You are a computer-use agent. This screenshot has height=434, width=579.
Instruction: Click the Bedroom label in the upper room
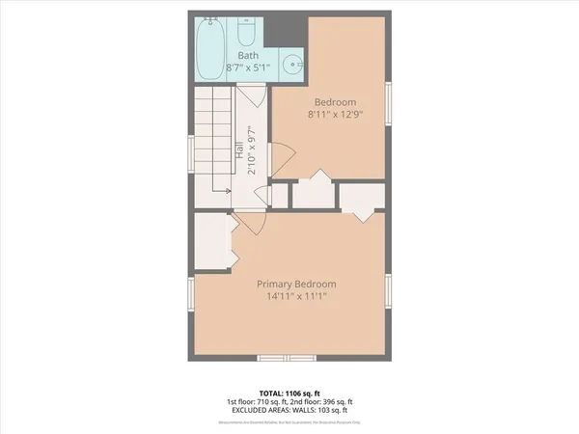pos(335,102)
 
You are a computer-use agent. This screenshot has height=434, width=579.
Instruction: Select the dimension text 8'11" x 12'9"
pos(335,115)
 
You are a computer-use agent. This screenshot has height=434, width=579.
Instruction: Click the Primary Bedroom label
pos(296,284)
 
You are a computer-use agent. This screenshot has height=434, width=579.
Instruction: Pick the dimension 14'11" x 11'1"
pos(296,297)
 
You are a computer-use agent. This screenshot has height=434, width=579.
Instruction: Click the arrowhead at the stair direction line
pos(227,192)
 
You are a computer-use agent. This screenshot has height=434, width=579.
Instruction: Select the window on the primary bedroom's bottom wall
pos(287,358)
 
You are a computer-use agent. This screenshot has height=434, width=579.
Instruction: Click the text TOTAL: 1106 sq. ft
pos(289,392)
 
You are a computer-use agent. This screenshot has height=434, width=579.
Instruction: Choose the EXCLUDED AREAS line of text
pos(289,411)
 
